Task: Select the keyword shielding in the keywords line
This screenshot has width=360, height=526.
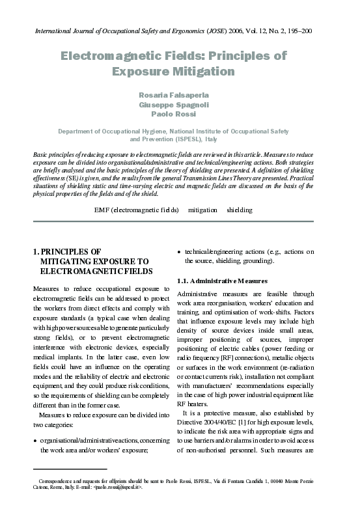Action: [240, 210]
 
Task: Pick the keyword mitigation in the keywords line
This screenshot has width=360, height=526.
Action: [203, 210]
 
